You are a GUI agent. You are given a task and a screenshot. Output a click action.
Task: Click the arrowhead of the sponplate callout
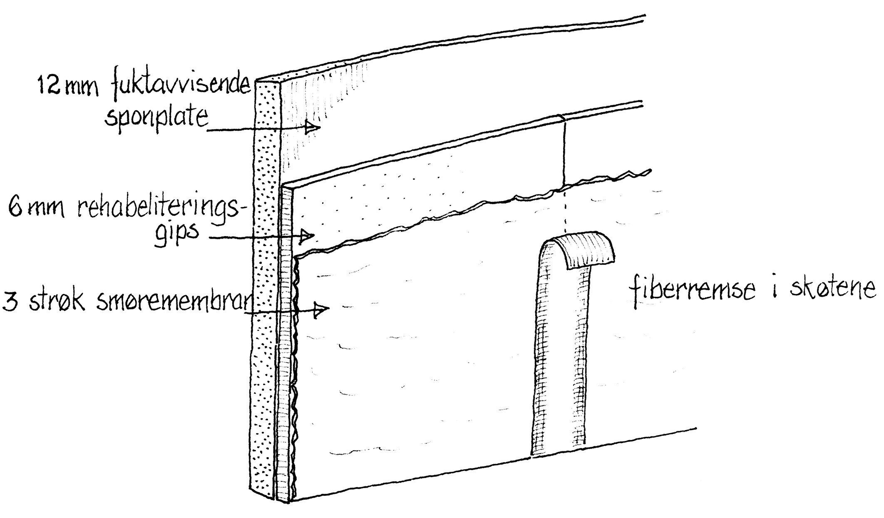pos(312,127)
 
